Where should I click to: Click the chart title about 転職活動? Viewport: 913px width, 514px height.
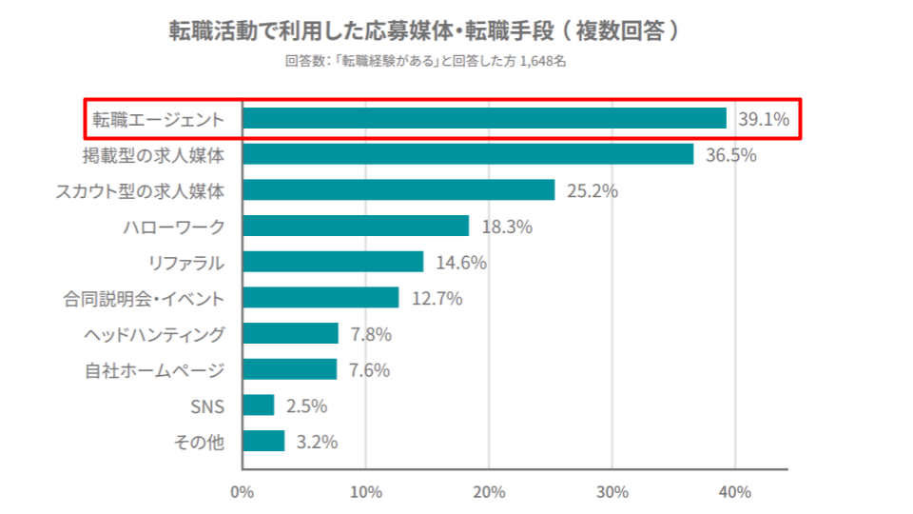coord(425,30)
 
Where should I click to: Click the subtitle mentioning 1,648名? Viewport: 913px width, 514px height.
coord(425,62)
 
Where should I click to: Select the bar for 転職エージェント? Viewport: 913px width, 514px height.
coord(484,118)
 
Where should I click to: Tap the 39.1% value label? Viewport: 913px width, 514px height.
coord(764,119)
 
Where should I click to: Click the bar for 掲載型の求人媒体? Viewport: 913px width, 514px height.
coord(468,154)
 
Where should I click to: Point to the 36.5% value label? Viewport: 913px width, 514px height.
coord(730,155)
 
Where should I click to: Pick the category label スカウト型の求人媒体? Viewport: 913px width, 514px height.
coord(140,190)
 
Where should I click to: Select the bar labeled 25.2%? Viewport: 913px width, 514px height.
coord(398,190)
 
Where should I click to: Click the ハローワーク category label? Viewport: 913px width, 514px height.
coord(174,227)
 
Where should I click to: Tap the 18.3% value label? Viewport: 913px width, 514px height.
coord(507,227)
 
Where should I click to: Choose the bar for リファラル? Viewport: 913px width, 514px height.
coord(333,262)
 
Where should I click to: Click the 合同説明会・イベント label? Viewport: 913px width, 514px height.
coord(145,299)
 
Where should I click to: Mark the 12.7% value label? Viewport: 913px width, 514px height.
coord(437,299)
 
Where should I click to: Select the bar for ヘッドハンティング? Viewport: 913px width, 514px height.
coord(290,333)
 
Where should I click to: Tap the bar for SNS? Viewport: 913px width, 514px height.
coord(258,405)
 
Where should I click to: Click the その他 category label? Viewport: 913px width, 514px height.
coord(199,441)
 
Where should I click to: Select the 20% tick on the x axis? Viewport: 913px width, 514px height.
coord(489,492)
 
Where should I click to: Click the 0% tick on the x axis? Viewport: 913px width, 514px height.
coord(243,492)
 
